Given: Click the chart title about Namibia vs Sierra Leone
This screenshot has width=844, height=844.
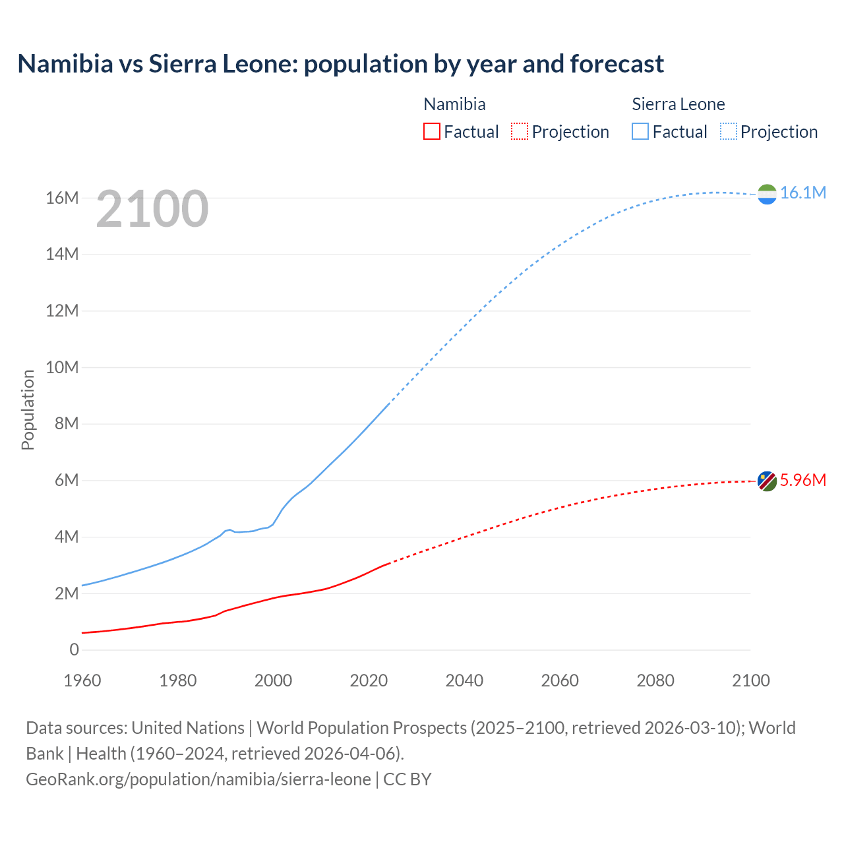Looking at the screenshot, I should click(340, 64).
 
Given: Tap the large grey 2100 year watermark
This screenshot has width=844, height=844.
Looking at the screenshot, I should click(152, 209).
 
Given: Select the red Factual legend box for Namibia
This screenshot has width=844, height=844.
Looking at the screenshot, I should click(431, 131).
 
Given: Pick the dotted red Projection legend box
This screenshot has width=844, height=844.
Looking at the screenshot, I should click(520, 131).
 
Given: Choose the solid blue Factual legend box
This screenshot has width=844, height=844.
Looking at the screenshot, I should click(640, 131).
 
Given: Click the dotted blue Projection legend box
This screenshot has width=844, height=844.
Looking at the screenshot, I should click(729, 131).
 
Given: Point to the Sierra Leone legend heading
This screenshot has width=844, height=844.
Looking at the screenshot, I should click(678, 104).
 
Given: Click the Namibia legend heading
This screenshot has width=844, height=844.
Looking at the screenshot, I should click(454, 104).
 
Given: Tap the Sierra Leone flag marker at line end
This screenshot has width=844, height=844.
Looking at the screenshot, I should click(767, 194).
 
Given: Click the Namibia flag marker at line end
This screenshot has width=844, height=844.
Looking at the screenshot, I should click(767, 481).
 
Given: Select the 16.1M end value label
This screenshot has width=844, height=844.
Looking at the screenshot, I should click(802, 193).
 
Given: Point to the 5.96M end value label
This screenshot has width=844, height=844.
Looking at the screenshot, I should click(802, 480).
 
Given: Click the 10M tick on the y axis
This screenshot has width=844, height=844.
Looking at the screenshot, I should click(62, 367).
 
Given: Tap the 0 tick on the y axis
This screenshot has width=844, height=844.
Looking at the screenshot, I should click(74, 650).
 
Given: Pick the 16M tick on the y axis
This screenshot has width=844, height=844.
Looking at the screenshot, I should click(62, 198).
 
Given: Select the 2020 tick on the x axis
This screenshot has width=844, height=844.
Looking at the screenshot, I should click(369, 680).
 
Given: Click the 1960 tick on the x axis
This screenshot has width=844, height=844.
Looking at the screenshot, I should click(82, 680).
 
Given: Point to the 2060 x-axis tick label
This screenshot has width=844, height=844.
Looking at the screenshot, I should click(560, 680).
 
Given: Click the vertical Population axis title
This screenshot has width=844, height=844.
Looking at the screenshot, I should click(28, 409).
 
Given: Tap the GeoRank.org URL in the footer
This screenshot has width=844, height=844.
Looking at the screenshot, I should click(198, 779).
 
